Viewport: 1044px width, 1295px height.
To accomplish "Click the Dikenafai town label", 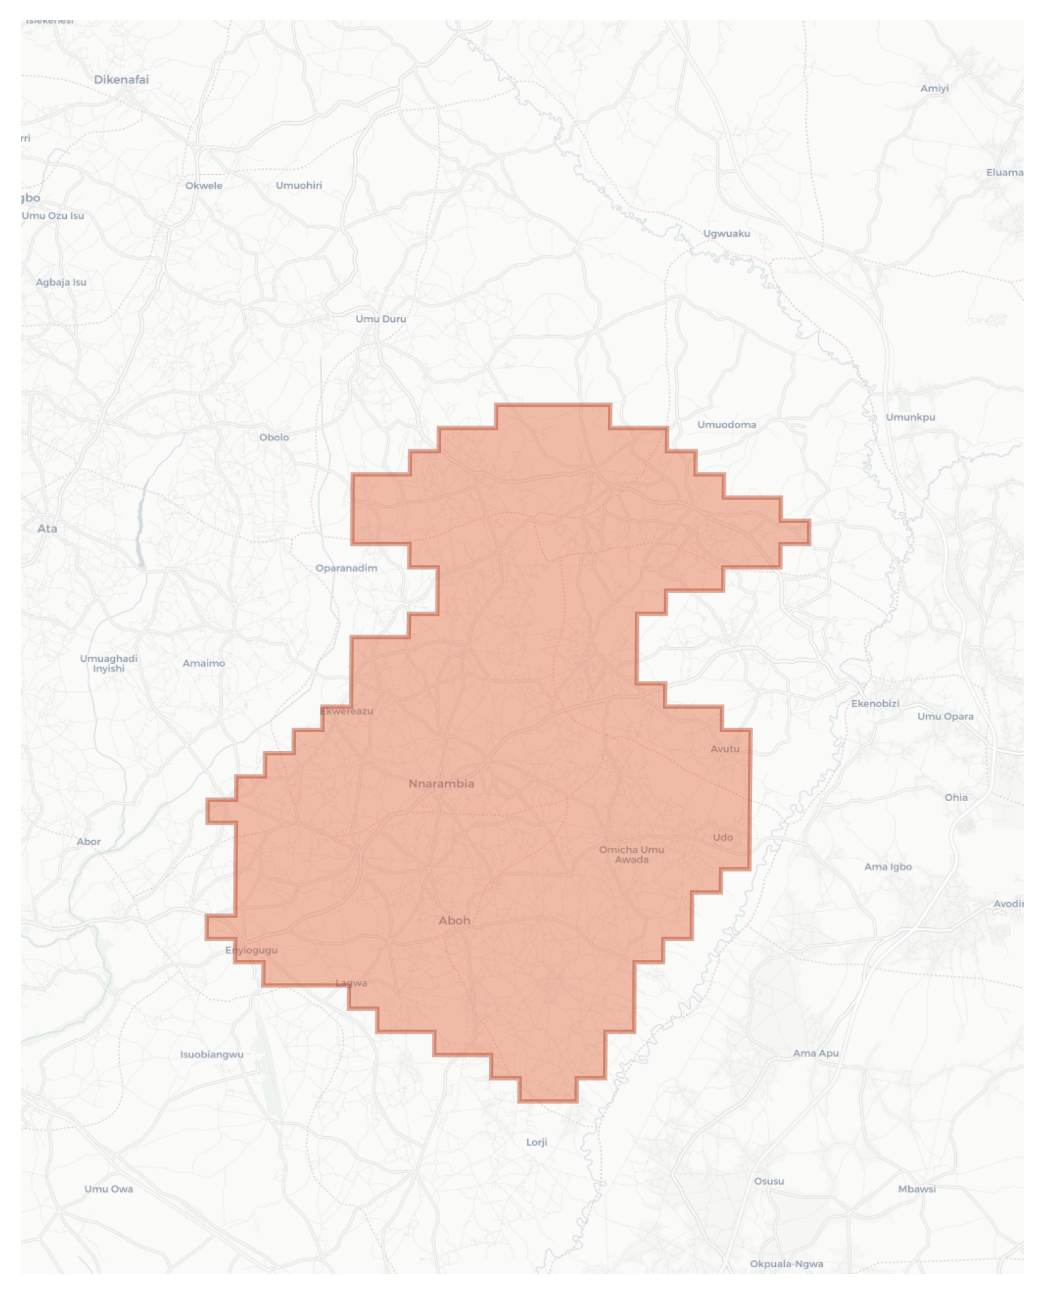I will click(121, 79).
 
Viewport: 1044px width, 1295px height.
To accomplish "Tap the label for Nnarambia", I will click(441, 784).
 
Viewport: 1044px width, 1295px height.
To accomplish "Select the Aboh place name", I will click(454, 920).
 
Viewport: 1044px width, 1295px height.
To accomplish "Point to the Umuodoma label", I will click(726, 424).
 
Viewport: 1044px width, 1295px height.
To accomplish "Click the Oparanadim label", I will click(346, 568).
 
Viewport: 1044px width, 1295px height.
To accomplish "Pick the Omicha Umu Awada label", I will click(632, 854).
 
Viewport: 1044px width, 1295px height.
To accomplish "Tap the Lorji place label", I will click(536, 1142).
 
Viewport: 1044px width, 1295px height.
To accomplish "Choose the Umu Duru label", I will click(380, 318).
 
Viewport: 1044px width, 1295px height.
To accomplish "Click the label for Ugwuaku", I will click(726, 233).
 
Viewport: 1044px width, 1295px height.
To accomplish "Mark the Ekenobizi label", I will click(875, 704).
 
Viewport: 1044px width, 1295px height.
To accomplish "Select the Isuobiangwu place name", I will click(212, 1054).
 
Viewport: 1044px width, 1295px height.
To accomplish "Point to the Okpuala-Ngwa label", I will click(786, 1264).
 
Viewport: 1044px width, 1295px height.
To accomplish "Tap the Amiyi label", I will click(934, 88).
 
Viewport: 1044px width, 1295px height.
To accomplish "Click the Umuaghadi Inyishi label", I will click(109, 663).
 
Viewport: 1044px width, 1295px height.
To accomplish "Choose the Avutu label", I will click(725, 749).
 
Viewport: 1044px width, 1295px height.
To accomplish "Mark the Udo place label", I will click(723, 837).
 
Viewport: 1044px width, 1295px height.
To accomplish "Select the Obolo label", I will click(274, 437).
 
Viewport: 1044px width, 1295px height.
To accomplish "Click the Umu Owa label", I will click(109, 1188).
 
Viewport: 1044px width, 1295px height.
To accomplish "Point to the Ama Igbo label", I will click(888, 867).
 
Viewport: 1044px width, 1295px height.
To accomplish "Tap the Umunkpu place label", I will click(910, 417).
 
